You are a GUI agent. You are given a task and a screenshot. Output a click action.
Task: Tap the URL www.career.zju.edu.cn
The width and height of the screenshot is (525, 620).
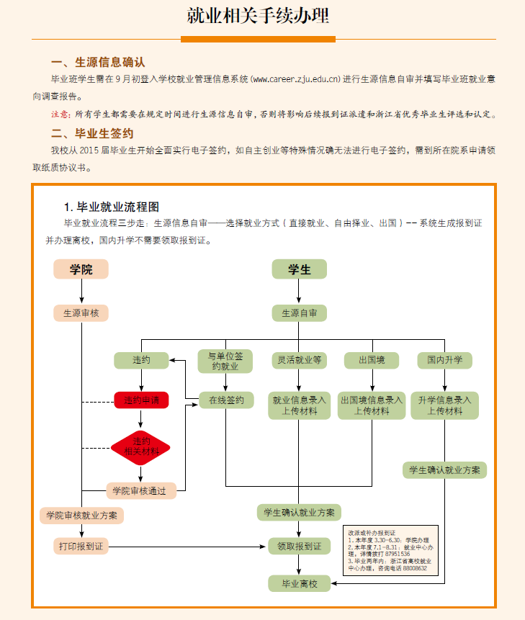[295, 78]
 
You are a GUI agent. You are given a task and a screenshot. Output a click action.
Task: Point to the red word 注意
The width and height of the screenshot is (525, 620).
[60, 114]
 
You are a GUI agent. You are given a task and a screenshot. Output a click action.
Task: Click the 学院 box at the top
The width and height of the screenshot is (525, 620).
[81, 269]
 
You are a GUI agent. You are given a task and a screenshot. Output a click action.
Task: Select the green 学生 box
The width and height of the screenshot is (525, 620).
[299, 269]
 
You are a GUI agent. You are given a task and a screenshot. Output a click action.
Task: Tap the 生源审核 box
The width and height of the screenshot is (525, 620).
[81, 313]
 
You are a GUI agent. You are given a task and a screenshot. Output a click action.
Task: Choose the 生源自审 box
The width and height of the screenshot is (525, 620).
[299, 313]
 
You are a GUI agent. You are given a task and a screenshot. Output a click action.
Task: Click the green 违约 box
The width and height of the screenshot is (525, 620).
[141, 359]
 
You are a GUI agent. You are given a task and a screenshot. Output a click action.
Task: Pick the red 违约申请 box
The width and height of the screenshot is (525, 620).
[141, 400]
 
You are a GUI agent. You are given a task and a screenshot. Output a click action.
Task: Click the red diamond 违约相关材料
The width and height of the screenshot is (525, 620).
[141, 446]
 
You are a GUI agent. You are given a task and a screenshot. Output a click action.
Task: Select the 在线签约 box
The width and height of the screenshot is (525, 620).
[226, 400]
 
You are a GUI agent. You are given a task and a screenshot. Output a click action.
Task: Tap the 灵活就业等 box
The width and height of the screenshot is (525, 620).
[299, 359]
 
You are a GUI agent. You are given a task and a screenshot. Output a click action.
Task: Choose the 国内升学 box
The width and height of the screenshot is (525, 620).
[444, 359]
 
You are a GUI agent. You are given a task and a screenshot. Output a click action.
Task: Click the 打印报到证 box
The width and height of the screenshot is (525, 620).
[81, 546]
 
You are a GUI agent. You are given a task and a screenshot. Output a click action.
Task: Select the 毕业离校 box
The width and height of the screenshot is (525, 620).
[299, 583]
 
